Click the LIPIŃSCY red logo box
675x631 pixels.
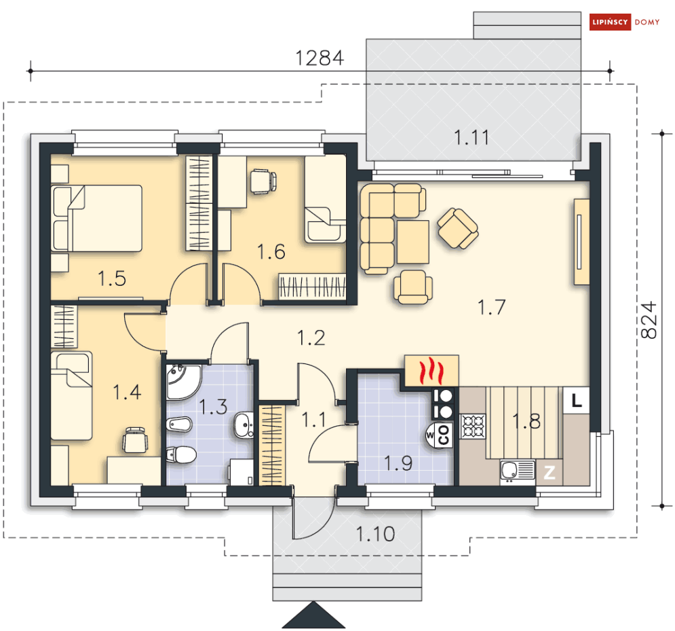(610, 22)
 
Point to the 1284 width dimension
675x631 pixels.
(320, 58)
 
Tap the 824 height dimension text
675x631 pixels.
(649, 320)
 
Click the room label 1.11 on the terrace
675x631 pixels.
(471, 137)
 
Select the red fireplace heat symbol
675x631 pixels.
(431, 371)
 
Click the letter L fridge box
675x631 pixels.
(577, 401)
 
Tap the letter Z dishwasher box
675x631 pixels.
(549, 472)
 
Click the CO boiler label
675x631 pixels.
(444, 435)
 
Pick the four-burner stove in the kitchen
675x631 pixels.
(473, 427)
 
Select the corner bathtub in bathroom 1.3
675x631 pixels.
(182, 382)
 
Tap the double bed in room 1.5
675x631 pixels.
(96, 218)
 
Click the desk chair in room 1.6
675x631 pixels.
(262, 181)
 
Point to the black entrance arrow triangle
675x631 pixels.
(314, 615)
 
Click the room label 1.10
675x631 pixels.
(375, 534)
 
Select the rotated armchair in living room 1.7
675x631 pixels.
(458, 228)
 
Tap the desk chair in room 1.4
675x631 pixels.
(135, 439)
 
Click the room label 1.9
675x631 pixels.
(398, 463)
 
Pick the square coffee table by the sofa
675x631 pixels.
(413, 242)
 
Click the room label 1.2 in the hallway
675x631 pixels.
(311, 338)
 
